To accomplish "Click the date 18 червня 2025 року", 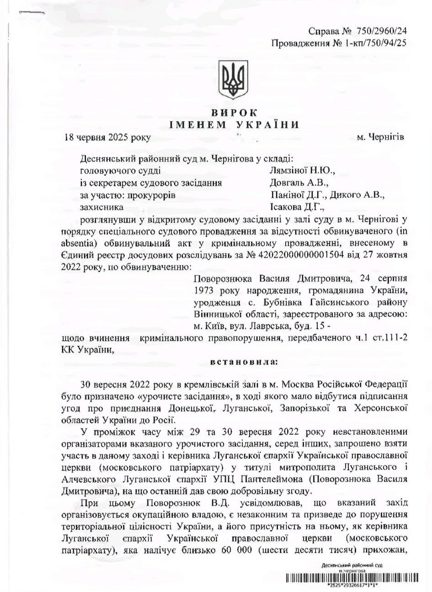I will [107, 137].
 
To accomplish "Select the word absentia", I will [76, 242].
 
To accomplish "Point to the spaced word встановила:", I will [237, 362].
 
